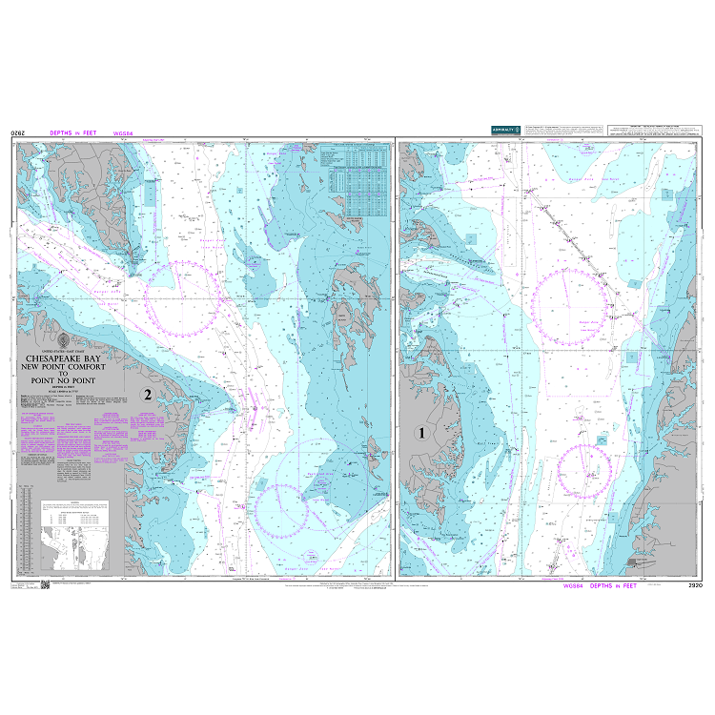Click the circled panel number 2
[147, 394]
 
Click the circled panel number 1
[420, 434]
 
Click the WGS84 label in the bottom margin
[575, 585]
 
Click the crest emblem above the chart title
[64, 338]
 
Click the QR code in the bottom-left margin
[56, 586]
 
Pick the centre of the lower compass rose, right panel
[583, 470]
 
